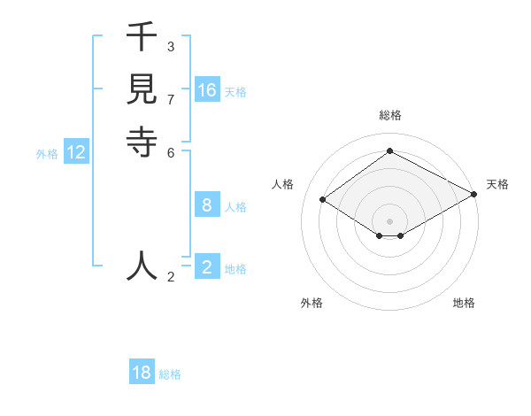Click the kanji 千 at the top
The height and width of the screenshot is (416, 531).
pyautogui.click(x=142, y=38)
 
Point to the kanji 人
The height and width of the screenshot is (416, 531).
pyautogui.click(x=142, y=266)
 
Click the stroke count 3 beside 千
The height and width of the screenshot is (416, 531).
pyautogui.click(x=170, y=46)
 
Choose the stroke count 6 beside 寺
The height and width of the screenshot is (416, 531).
pyautogui.click(x=170, y=151)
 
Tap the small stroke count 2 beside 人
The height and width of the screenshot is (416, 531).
pyautogui.click(x=170, y=277)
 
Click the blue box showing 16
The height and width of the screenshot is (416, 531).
pyautogui.click(x=207, y=90)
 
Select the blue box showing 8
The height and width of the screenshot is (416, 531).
pyautogui.click(x=207, y=205)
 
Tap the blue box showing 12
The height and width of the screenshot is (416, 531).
pyautogui.click(x=76, y=152)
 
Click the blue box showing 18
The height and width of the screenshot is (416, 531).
pyautogui.click(x=142, y=373)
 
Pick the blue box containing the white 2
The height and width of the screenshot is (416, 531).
pyautogui.click(x=207, y=267)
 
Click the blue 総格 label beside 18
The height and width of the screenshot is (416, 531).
pyautogui.click(x=170, y=374)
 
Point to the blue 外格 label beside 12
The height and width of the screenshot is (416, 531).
pyautogui.click(x=47, y=154)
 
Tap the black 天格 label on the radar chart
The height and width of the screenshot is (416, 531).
pyautogui.click(x=497, y=184)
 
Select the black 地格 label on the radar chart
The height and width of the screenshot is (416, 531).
pyautogui.click(x=464, y=303)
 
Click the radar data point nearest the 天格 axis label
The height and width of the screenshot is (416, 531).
pyautogui.click(x=475, y=195)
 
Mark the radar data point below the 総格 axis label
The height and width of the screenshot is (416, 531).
pyautogui.click(x=389, y=150)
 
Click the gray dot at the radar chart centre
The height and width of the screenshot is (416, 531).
pyautogui.click(x=389, y=220)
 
